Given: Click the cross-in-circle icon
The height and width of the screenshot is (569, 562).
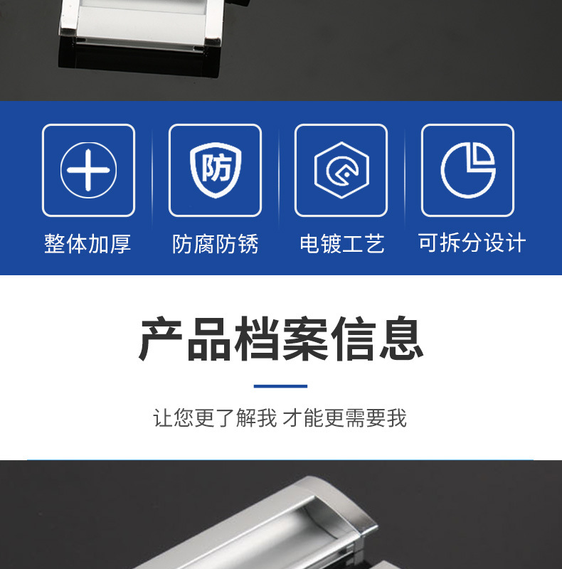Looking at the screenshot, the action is click(89, 170).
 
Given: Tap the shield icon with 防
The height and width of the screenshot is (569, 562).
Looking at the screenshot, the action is click(216, 170).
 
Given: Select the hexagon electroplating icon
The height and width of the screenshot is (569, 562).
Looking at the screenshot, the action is click(341, 170).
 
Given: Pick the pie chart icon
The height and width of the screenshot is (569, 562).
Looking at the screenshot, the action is click(468, 170).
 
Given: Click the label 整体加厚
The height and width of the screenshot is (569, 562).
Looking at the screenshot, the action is click(88, 243).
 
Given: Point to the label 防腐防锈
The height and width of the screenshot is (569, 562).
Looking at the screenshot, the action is click(216, 243).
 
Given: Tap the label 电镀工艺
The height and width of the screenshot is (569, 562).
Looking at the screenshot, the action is click(341, 243).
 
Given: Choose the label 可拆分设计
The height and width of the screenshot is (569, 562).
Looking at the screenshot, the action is click(472, 243).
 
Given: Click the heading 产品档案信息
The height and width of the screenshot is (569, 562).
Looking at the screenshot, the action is click(281, 339).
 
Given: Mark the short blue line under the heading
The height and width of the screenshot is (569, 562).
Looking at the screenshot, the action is click(280, 386).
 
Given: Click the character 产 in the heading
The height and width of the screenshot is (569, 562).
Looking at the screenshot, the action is click(161, 339).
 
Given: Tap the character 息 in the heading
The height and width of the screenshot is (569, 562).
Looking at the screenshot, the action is click(401, 339).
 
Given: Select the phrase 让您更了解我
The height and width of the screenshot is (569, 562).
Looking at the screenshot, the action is click(215, 418).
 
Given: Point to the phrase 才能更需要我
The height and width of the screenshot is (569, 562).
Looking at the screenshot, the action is click(344, 418).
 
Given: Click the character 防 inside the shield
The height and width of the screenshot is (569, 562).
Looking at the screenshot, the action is click(216, 168).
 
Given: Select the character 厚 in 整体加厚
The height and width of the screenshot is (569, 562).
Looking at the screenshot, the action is click(121, 243).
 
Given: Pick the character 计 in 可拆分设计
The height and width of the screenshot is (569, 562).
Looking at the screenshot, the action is click(516, 243).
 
